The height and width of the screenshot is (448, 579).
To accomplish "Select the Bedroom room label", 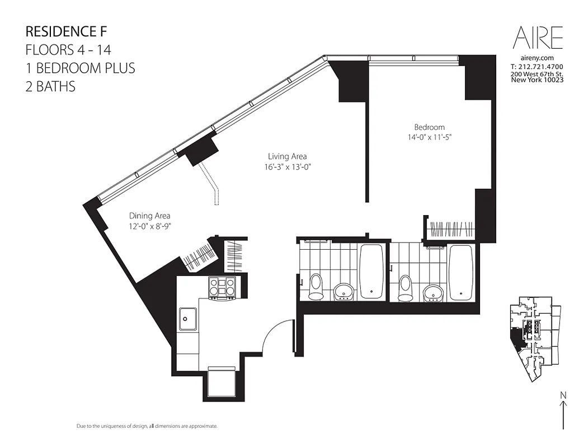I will (429, 128).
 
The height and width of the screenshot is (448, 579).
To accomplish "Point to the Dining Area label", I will (149, 216).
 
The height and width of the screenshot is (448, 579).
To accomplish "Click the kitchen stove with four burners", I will (222, 288).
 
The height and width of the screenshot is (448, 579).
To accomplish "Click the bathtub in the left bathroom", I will (371, 270).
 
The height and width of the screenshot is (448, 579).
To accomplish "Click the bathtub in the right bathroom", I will (460, 270).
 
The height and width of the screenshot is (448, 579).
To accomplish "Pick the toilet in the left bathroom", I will (316, 287).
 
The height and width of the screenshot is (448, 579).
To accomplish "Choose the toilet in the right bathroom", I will (406, 287).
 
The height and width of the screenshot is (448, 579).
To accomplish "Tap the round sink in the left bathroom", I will (343, 291).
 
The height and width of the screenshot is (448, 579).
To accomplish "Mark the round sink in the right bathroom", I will (432, 291).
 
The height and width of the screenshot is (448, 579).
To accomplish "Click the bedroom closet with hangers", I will (451, 230).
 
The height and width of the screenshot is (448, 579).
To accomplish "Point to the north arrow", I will (562, 411).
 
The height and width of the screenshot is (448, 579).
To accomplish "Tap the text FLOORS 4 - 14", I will (68, 49).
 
